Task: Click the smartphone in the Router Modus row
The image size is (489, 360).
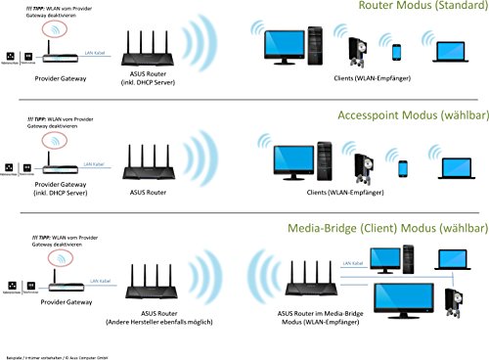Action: pyautogui.click(x=397, y=52)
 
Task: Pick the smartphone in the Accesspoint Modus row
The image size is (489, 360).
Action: pyautogui.click(x=402, y=167)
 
